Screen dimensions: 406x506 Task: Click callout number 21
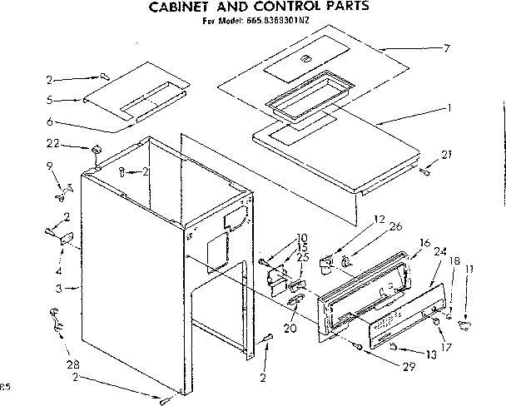[x=449, y=155]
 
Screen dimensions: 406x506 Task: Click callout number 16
[x=424, y=242]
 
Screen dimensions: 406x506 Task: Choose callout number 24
[x=440, y=250]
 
